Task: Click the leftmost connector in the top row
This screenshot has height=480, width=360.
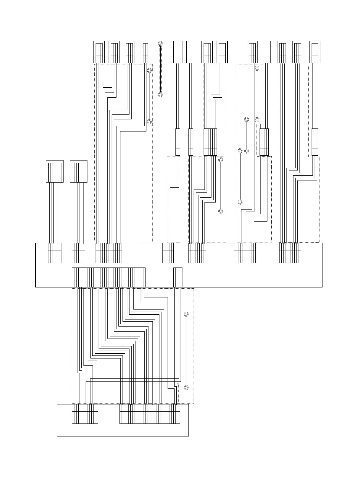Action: click(99, 52)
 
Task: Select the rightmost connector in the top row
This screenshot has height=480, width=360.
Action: click(315, 52)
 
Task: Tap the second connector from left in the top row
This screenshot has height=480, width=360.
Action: click(114, 52)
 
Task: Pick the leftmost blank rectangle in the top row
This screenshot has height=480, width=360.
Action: click(178, 52)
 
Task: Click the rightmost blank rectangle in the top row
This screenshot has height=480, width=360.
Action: click(266, 52)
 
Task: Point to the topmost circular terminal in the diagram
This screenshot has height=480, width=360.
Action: click(160, 43)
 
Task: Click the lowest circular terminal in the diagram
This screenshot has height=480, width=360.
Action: click(186, 387)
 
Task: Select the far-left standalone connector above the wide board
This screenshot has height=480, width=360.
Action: click(54, 171)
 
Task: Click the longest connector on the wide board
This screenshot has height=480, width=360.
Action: click(109, 277)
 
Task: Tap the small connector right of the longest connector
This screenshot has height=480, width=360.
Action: click(178, 277)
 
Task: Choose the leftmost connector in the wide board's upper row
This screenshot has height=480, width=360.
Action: click(54, 253)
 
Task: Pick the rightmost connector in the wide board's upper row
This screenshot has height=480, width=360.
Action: click(290, 253)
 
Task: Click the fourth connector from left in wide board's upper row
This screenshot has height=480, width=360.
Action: click(168, 253)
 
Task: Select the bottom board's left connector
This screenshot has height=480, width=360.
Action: click(85, 414)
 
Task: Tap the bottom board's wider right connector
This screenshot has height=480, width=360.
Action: click(150, 414)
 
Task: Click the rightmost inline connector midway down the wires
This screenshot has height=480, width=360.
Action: click(315, 142)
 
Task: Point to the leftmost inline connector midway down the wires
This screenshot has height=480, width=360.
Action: click(178, 142)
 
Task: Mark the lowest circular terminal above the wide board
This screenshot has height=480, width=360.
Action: click(221, 211)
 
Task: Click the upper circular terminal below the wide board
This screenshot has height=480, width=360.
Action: click(186, 314)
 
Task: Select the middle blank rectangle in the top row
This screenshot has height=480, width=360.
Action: click(191, 52)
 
